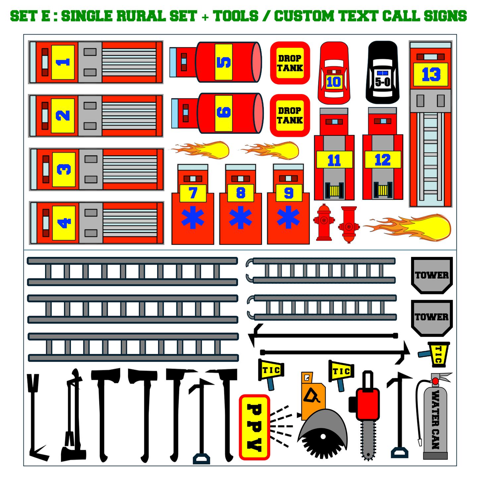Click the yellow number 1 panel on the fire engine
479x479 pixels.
point(63,62)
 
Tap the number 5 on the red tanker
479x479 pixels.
point(224,62)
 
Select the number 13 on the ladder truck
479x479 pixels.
point(431,75)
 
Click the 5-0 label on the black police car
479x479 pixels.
point(383,82)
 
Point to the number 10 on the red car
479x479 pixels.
point(333,82)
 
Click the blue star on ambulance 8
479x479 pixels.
point(240,217)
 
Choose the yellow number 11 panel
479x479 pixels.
point(334,159)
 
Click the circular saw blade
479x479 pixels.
point(323,443)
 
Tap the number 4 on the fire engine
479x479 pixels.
point(64,223)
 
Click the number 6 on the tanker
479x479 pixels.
point(224,112)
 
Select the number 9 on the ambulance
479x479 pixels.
point(289,193)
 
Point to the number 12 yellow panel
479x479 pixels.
point(383,159)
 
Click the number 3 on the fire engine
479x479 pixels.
point(64,169)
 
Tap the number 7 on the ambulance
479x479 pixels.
point(193,193)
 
